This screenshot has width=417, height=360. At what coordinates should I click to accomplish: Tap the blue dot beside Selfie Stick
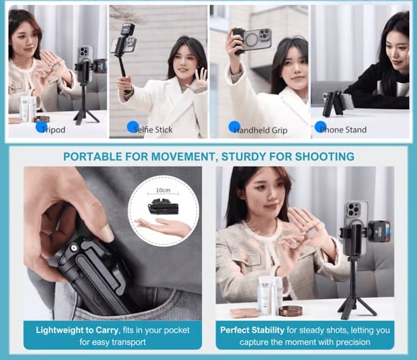[132, 127]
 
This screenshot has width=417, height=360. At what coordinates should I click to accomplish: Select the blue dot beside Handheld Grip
[234, 128]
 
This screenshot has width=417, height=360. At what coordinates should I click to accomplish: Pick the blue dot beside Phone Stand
[320, 128]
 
